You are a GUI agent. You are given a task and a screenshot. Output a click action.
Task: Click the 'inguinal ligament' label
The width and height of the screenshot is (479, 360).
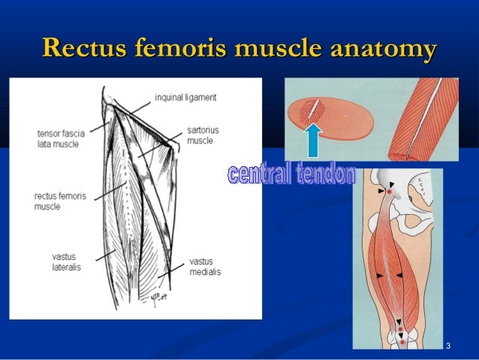[x=185, y=97]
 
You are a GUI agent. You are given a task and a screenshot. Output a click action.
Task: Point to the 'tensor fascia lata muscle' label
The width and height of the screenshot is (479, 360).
[x=61, y=138]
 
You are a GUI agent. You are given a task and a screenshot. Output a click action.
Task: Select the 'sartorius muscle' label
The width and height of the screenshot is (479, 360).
[x=200, y=135]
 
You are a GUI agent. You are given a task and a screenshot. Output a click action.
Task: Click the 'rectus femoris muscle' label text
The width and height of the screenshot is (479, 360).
[x=60, y=201]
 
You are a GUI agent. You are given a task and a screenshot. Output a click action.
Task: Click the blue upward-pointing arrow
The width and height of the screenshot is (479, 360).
[x=314, y=141]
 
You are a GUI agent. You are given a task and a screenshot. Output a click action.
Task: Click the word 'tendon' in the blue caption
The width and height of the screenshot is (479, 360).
[x=324, y=174]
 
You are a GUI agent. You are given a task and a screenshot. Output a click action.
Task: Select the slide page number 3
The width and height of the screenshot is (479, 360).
[x=447, y=346]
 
